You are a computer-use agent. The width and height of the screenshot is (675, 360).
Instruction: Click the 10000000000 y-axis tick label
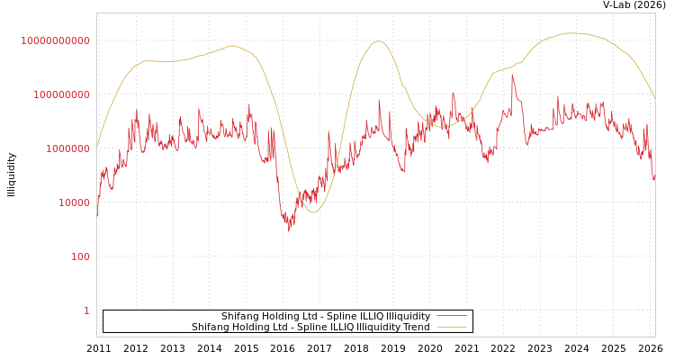[55, 40]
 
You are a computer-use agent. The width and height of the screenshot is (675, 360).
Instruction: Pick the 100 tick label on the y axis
[80, 256]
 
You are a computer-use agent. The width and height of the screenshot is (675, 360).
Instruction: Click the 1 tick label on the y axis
[86, 310]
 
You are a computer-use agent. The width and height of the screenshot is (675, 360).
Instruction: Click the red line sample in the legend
[451, 317]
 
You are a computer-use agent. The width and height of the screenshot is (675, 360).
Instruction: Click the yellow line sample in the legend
[451, 328]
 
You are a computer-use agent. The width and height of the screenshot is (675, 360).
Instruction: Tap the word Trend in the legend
[417, 328]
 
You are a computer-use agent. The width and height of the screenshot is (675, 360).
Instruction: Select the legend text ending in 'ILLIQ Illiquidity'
[326, 317]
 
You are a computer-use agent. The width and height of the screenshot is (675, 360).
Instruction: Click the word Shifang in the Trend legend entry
[211, 328]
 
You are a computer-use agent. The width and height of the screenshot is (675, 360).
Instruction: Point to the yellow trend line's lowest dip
[312, 212]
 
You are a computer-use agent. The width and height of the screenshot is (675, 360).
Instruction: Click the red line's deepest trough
[289, 229]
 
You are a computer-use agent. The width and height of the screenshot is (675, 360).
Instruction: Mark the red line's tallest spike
[512, 75]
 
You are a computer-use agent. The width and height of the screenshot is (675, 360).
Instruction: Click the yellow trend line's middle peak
[379, 41]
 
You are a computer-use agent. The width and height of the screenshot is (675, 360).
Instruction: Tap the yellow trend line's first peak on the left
[232, 46]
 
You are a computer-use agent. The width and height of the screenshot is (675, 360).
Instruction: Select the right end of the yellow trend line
[654, 98]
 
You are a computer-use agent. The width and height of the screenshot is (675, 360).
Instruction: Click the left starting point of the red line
[97, 216]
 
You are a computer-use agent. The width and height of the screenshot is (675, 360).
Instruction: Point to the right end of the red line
[654, 179]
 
